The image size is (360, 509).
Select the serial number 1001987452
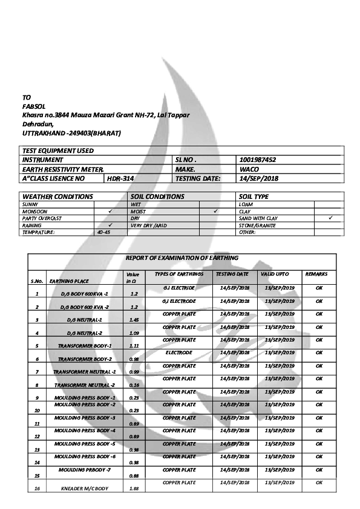[258, 160]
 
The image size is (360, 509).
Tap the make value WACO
[249, 169]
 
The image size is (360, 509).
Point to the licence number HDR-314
[118, 179]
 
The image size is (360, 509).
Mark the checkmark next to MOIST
[215, 212]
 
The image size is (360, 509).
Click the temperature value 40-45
[103, 232]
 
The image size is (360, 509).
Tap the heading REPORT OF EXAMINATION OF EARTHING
[182, 258]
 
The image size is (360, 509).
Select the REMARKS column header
[316, 274]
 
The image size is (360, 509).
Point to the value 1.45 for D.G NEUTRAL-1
[134, 320]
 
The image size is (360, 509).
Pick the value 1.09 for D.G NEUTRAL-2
[134, 333]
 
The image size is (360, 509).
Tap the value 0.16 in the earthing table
[134, 385]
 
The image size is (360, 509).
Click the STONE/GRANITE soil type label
[257, 225]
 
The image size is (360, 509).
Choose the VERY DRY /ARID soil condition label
[149, 225]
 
